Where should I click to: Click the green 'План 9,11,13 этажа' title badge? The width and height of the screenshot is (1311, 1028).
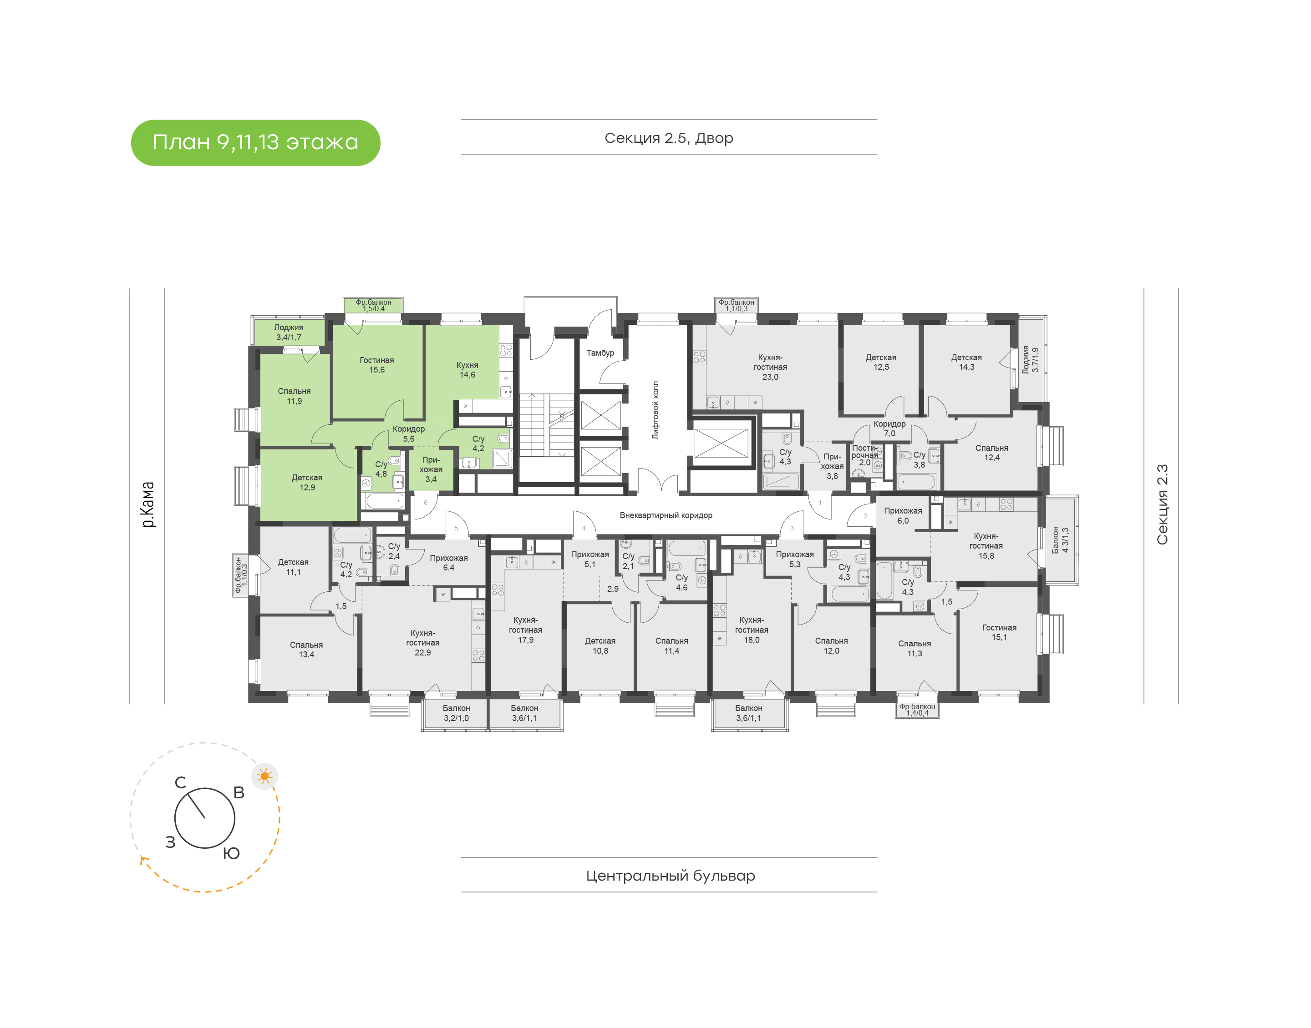(255, 143)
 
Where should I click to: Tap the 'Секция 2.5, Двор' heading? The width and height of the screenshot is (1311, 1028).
(668, 138)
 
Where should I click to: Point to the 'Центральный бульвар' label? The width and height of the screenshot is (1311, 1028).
(670, 875)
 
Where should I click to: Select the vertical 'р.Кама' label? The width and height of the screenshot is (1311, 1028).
(147, 504)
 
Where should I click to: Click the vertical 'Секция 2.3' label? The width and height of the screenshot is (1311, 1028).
(1162, 504)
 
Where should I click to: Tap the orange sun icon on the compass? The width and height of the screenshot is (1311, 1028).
(264, 776)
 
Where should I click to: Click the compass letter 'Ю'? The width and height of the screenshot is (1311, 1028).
(231, 853)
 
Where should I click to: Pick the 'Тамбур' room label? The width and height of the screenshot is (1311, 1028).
(600, 353)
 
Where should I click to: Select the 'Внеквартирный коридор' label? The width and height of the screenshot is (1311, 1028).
(666, 515)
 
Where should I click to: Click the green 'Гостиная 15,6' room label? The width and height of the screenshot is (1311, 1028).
(376, 365)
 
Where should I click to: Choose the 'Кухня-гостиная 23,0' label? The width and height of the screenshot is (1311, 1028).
(770, 367)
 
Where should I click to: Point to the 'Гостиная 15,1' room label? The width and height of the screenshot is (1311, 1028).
(999, 632)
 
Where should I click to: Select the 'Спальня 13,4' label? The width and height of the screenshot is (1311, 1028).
(306, 650)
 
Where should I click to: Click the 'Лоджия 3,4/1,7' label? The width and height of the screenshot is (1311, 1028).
(289, 332)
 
